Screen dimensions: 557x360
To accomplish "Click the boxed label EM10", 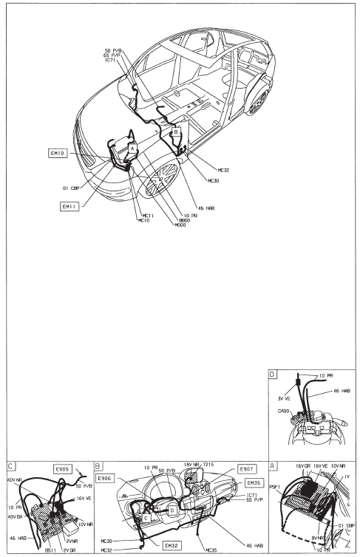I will [x=58, y=154].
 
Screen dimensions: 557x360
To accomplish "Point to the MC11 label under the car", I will [x=147, y=215].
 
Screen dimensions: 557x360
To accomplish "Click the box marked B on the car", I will [x=175, y=131].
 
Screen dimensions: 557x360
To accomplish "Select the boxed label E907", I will [x=245, y=469].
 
